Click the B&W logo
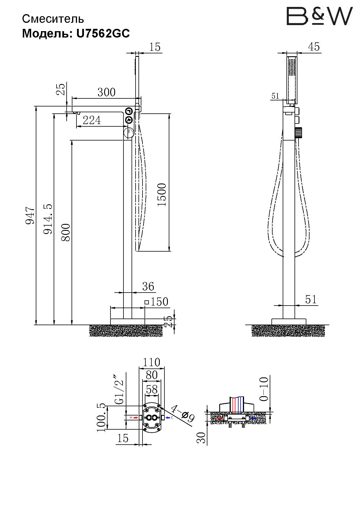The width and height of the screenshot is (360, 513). click(319, 16)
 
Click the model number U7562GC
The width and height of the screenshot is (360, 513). click(103, 34)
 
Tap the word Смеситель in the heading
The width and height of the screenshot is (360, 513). click(53, 19)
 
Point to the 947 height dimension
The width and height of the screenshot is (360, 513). click(30, 215)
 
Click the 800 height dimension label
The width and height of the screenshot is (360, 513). click(66, 232)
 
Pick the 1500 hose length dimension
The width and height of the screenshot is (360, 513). click(162, 194)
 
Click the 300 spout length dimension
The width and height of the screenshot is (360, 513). click(106, 92)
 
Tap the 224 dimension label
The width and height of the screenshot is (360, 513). click(92, 120)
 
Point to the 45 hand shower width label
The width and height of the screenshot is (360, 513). click(314, 47)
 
